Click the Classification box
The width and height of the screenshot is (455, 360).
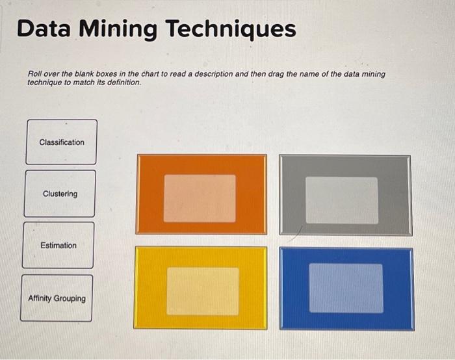tap(61, 142)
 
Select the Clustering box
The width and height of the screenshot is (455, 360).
tap(60, 194)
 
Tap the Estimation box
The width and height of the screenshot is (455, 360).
tap(58, 245)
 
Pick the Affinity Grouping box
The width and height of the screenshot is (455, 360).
tap(56, 298)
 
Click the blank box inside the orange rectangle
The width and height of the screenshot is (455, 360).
tap(200, 198)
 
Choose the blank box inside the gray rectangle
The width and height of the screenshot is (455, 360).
tap(341, 200)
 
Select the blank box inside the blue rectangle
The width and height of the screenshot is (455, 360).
tap(345, 288)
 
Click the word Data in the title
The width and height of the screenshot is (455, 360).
tap(44, 29)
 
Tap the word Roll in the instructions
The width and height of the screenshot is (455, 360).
tap(35, 74)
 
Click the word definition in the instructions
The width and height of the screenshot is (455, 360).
tap(123, 83)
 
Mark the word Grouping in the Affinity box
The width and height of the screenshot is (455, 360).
tap(70, 298)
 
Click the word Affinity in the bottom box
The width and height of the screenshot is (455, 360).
tap(40, 298)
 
